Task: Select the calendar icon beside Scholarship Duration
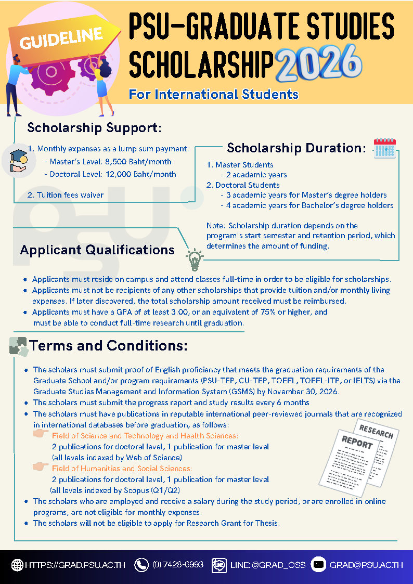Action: pos(385,148)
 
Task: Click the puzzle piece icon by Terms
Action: pos(18,346)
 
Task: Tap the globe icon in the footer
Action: pos(17,565)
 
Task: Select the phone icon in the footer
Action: pos(141,565)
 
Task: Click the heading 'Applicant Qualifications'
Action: pos(97,250)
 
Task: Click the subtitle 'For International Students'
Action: pos(214,94)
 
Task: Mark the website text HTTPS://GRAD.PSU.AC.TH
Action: pos(75,565)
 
